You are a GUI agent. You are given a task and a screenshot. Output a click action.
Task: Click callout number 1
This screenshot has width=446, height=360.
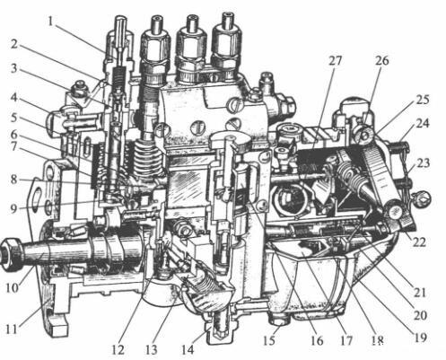click(52, 22)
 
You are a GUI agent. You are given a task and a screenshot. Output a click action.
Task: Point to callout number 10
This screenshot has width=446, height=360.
click(13, 288)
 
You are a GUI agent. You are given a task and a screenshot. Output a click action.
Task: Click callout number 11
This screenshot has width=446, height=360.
click(13, 329)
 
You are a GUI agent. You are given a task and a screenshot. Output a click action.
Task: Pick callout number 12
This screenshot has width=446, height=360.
click(118, 349)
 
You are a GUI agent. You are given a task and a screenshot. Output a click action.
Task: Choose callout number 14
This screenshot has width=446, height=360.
click(188, 349)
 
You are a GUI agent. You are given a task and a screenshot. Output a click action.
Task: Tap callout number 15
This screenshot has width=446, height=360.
click(269, 339)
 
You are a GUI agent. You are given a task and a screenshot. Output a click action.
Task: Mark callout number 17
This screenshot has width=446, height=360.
click(346, 340)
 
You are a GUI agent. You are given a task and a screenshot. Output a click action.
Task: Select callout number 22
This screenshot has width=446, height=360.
click(419, 241)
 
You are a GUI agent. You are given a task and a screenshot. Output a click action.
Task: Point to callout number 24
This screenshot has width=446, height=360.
click(422, 123)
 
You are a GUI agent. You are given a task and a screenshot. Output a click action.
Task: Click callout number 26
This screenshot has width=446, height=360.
click(382, 61)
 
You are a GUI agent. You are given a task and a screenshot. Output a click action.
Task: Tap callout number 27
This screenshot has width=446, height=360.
click(335, 61)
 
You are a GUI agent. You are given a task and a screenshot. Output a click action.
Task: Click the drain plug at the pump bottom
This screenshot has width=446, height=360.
click(221, 327)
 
